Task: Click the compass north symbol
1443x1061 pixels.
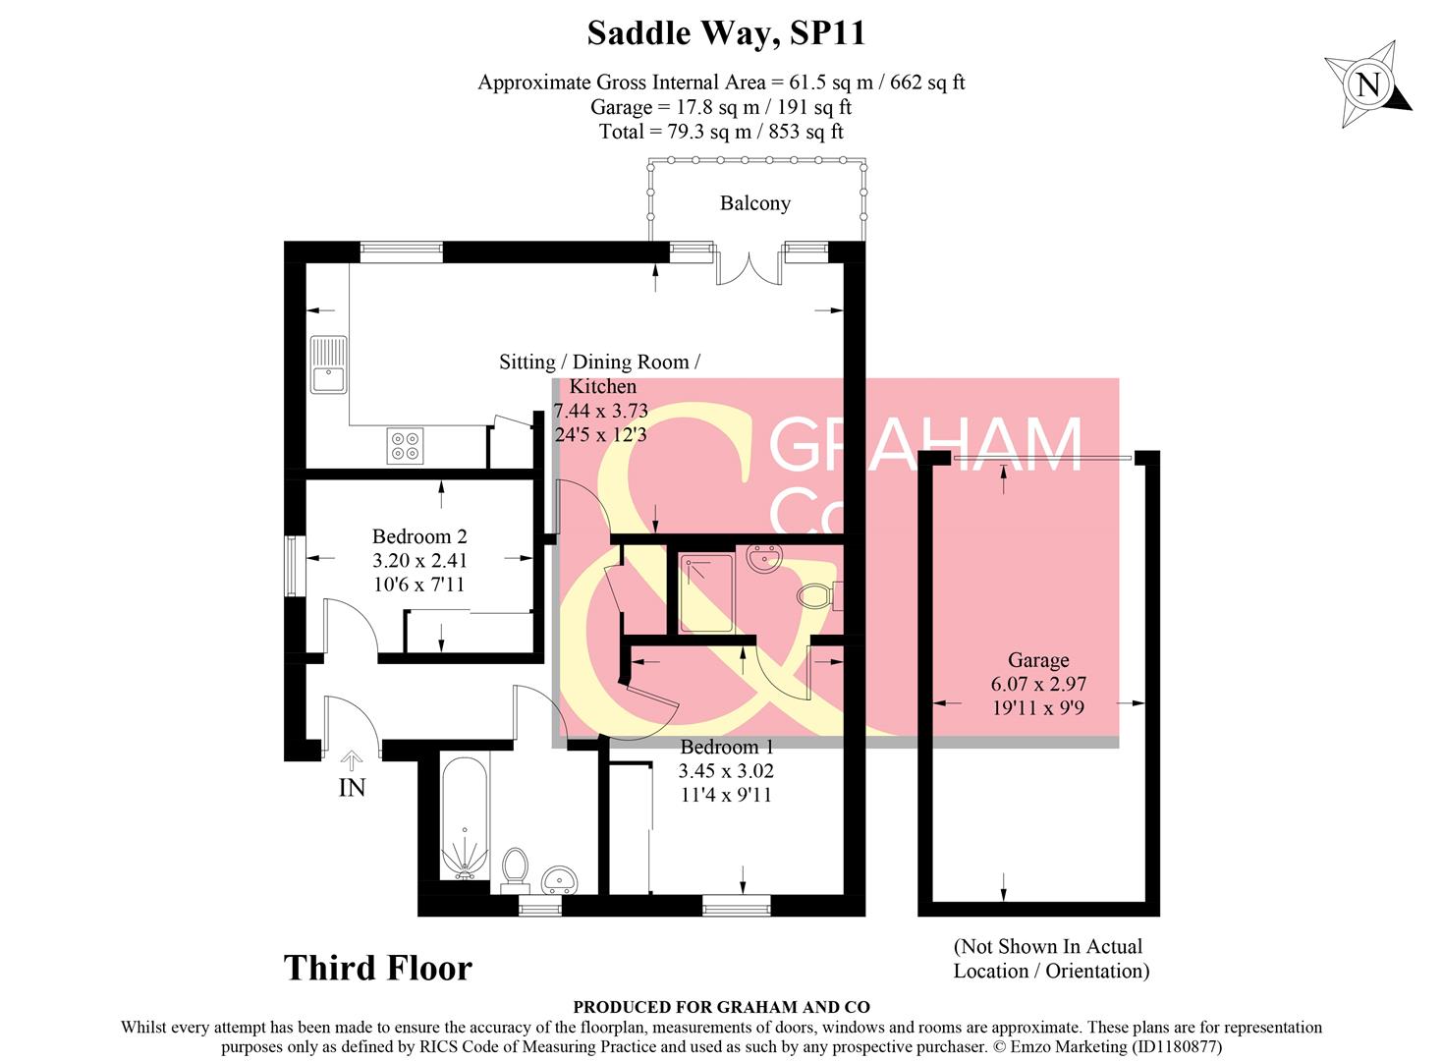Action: point(1368,84)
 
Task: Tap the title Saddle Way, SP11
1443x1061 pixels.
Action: point(726,32)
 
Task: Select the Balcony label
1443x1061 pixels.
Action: point(754,203)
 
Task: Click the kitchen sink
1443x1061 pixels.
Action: point(328,364)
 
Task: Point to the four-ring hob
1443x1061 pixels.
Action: point(405,446)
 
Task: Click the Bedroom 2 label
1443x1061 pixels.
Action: point(419,536)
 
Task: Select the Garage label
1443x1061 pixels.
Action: point(1038,660)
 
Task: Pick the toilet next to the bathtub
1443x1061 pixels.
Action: point(515,867)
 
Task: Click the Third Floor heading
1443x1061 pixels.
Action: point(378,968)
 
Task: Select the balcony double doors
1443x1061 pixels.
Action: point(749,267)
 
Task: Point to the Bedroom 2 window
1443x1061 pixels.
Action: point(293,565)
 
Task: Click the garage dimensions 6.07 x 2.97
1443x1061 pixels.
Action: point(1038,684)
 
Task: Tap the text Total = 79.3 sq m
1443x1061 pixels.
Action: point(721,132)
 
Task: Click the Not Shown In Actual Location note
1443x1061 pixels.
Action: point(1050,959)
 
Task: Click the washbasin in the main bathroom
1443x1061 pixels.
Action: point(562,877)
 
